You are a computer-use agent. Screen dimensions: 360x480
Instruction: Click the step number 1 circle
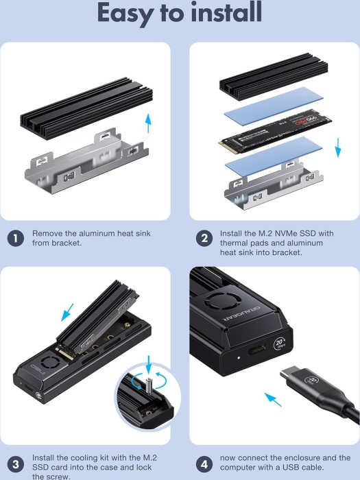[15, 238]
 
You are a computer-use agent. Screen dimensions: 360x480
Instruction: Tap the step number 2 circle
[204, 238]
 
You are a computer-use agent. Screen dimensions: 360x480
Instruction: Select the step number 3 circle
[15, 465]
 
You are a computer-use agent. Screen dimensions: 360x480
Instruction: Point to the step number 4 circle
[204, 465]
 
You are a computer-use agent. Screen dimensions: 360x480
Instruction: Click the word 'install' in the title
[226, 12]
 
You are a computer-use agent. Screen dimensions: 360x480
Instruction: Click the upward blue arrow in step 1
[148, 123]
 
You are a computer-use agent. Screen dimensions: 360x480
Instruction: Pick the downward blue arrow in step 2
[338, 147]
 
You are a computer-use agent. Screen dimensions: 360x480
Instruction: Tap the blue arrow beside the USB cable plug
[273, 400]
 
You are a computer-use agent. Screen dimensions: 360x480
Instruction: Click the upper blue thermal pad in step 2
[274, 106]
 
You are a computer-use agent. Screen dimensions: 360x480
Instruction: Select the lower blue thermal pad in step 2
[274, 156]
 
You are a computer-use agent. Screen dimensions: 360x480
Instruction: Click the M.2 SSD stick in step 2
[275, 132]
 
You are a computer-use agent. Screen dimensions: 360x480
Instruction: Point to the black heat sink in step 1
[86, 108]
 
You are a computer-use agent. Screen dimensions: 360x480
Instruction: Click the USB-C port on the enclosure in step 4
[257, 349]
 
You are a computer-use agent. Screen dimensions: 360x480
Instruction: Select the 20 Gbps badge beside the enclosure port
[280, 344]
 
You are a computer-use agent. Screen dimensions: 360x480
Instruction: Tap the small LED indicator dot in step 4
[239, 357]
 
